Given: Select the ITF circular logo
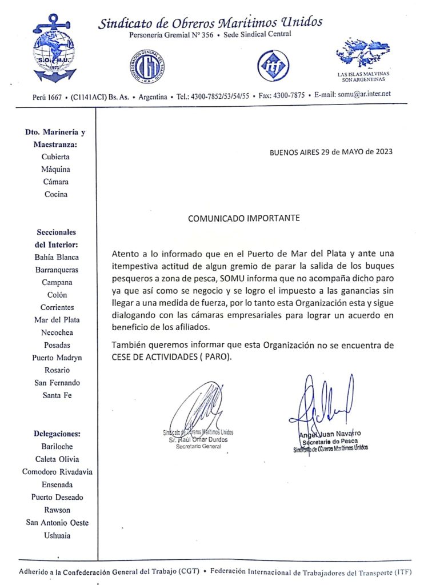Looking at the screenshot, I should coord(273,65).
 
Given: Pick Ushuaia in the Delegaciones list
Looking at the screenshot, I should coord(57,535).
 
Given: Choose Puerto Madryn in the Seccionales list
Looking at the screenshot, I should coord(57,358).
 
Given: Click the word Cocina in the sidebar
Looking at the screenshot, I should coord(56,194).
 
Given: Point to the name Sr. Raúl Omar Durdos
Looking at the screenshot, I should coord(198,440).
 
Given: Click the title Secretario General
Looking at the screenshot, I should coord(198,447).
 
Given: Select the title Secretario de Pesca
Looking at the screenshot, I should coord(330,442).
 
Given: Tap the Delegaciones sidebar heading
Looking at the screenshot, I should coord(57,434).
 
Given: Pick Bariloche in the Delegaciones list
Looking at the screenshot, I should coord(57,446).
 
